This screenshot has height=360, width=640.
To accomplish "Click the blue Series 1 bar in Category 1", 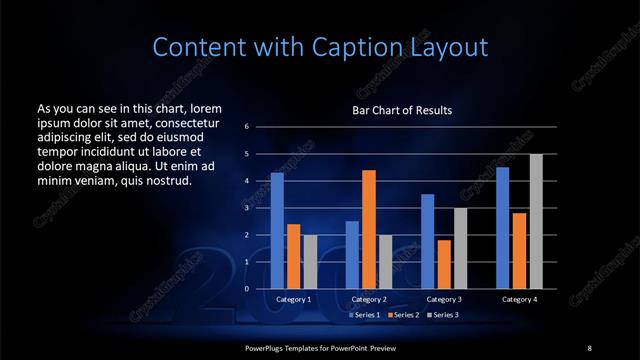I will coord(277,230).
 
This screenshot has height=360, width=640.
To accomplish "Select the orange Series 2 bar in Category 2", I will coord(368,229).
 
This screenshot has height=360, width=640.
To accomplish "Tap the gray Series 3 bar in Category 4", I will coord(535,221).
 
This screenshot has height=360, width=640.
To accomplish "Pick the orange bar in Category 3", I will coord(443,264).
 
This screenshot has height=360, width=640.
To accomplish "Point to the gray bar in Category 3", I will coord(460,248).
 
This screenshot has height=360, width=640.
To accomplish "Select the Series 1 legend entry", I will coord(364,314).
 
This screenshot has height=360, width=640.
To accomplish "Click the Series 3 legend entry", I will coord(443,314).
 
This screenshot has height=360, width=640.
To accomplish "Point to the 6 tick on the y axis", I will coord(246,127).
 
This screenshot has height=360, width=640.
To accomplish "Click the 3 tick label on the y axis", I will coord(246,208).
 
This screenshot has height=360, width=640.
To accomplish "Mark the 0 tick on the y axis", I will coord(246,289).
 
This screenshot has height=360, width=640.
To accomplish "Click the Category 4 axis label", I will coord(518,299).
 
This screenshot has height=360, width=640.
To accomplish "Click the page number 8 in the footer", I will coord(589,347).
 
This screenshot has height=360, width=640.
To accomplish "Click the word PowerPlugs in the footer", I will coord(267,347).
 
